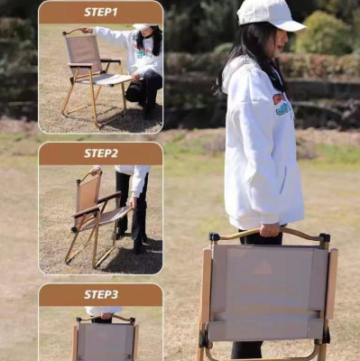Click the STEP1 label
101,12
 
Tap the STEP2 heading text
101,153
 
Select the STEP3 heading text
101,294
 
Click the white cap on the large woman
268,14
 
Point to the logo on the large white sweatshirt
282,104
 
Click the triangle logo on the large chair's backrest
262,269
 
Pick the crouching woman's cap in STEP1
143,27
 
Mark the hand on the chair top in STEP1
87,30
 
